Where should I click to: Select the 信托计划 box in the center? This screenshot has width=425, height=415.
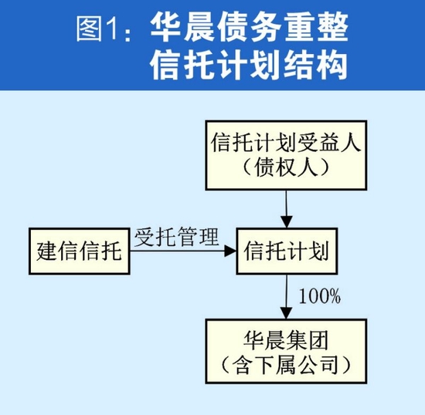[287, 251]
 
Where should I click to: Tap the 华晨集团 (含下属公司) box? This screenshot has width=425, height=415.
[287, 349]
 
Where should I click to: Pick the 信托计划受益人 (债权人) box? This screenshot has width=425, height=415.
[287, 154]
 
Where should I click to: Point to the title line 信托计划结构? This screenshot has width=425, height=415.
[247, 66]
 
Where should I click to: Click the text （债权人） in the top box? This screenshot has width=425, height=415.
[287, 167]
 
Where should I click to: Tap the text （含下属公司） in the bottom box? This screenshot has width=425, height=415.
[287, 361]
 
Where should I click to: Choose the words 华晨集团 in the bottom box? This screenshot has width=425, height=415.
[287, 337]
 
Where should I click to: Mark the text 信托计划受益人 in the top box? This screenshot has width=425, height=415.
[287, 143]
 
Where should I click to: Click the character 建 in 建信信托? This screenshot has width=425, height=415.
[48, 251]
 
